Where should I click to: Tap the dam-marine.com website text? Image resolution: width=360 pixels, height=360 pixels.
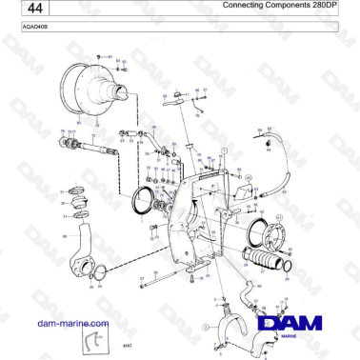[x=69, y=324]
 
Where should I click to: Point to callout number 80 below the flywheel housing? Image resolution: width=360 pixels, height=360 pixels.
[x=78, y=122]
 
